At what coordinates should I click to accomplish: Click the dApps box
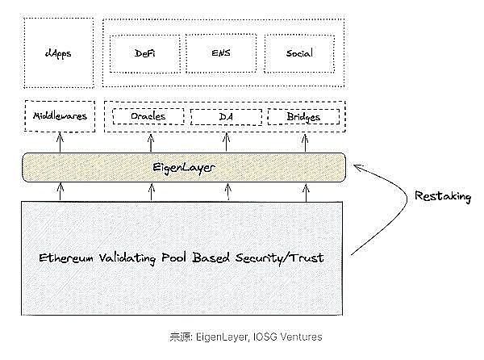[58, 53]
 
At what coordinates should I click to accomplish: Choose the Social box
[299, 53]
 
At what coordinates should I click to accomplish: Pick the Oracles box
[148, 117]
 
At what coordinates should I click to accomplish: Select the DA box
[226, 117]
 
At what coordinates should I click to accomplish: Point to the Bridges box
[303, 117]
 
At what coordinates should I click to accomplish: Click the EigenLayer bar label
[185, 168]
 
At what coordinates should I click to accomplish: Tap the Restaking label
[442, 196]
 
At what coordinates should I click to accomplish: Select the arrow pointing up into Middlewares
[60, 142]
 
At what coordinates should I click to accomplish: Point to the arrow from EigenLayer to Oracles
[151, 142]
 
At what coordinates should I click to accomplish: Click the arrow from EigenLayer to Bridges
[305, 142]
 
